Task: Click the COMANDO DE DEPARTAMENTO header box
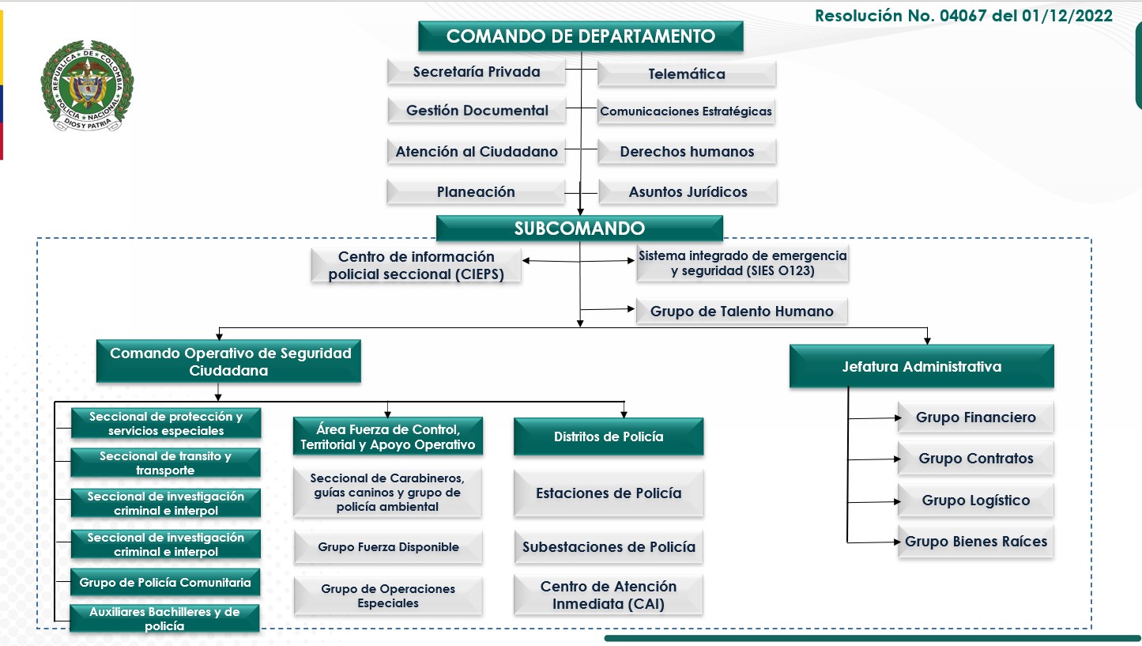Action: point(580,36)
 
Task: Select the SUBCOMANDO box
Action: point(579,229)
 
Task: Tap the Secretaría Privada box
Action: point(477,72)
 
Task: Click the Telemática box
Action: point(687,74)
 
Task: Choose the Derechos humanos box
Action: point(687,151)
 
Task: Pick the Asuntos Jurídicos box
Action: point(688,191)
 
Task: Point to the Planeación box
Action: point(476,191)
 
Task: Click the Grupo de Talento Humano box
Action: point(741,311)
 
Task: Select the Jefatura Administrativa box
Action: point(921,366)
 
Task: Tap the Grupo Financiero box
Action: point(975,417)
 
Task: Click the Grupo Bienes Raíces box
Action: point(975,542)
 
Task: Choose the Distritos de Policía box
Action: point(609,436)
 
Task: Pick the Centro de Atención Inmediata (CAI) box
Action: point(609,595)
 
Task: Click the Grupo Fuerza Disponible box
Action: point(388,547)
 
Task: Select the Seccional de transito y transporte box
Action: point(165,463)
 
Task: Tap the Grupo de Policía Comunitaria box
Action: point(165,583)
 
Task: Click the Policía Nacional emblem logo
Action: point(87,86)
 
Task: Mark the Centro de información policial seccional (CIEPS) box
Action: point(416,266)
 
